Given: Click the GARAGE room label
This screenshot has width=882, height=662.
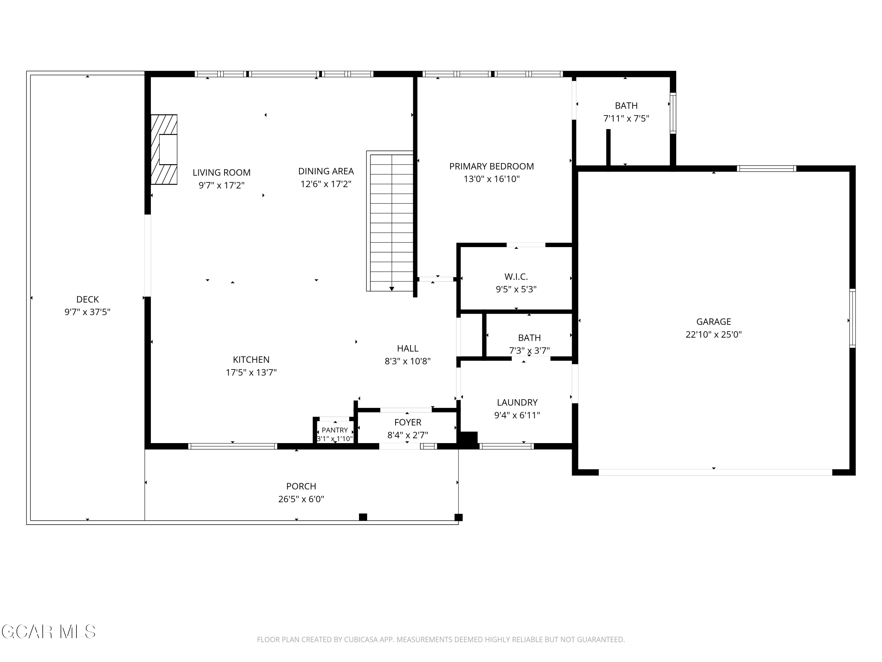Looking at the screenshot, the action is [713, 322].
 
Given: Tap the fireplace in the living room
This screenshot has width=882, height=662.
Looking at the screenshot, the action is [164, 150].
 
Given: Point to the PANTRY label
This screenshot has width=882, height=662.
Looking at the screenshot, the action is [335, 430].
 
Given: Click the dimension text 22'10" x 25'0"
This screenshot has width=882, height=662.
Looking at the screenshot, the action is [713, 335].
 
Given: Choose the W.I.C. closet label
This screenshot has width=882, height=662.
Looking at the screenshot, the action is [516, 277].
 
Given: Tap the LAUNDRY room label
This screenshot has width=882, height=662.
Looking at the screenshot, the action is [517, 402].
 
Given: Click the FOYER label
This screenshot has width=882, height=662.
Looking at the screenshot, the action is [407, 422].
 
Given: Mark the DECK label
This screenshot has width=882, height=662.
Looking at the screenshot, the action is [87, 299].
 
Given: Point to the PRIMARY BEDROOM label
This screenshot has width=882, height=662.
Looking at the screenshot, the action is [492, 167].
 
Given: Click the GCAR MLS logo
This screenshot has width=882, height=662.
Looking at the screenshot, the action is [48, 632].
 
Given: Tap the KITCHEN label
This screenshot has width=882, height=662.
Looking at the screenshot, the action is [251, 360].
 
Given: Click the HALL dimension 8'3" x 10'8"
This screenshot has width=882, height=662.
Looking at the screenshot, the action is [407, 361].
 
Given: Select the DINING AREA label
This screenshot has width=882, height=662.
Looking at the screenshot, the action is [326, 171].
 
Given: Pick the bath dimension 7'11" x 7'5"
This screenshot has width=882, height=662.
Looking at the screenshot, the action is [626, 119].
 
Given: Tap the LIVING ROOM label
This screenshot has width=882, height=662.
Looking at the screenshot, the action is [221, 172].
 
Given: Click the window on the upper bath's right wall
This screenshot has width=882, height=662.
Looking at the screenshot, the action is [673, 113].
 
